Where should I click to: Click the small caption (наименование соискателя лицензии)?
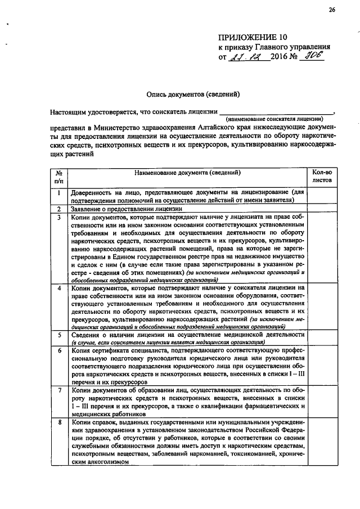(x=274, y=119)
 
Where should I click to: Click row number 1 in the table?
(x=58, y=193)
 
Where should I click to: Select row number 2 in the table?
(x=58, y=209)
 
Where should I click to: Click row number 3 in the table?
(x=58, y=217)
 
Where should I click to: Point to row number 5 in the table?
(x=58, y=334)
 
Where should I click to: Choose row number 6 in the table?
(x=58, y=350)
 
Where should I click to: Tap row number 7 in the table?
(x=58, y=389)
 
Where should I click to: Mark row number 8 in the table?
(x=58, y=421)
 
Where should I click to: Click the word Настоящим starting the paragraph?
(x=69, y=111)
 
